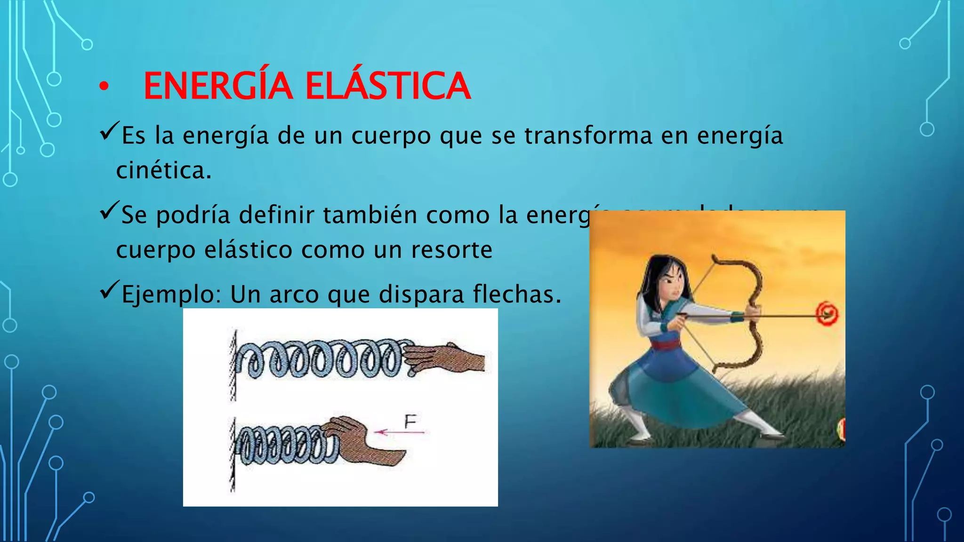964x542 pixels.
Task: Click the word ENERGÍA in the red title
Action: click(x=218, y=86)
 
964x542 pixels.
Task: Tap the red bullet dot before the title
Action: click(x=104, y=87)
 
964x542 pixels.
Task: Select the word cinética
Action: click(x=163, y=170)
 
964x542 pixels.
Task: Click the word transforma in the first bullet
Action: click(x=588, y=135)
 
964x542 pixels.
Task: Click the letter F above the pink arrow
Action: click(x=410, y=422)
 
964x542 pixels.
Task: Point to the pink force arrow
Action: click(x=400, y=432)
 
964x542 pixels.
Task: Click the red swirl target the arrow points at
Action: click(x=827, y=314)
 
